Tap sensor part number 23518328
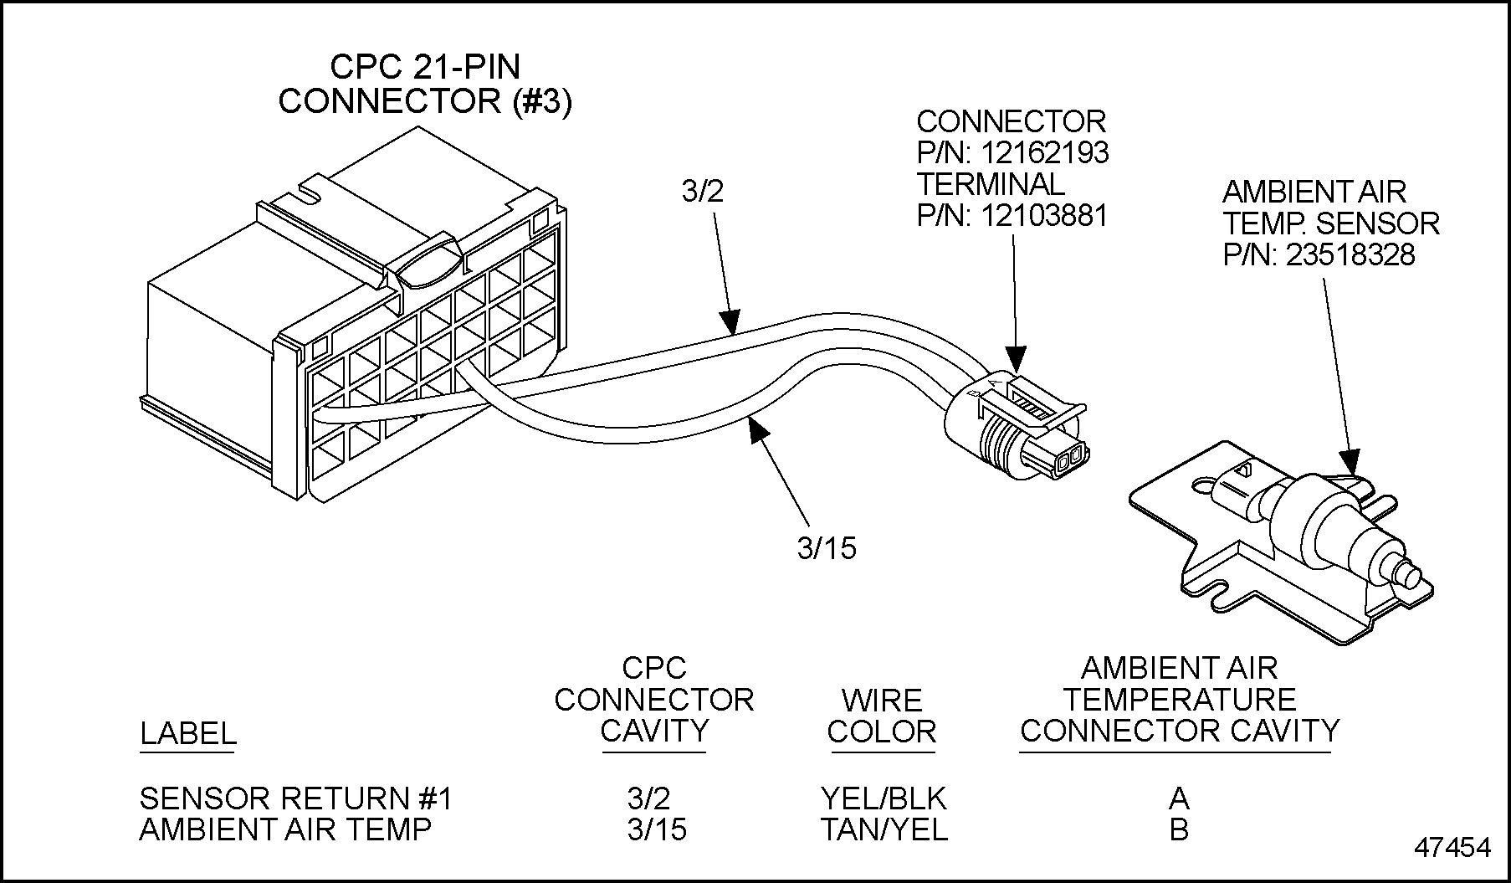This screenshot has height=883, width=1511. [1350, 254]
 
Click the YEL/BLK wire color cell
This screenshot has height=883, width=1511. [884, 798]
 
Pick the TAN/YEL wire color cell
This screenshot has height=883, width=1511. [884, 829]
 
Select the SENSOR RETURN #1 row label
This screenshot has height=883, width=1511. [295, 798]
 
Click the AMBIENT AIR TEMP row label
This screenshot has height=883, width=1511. [285, 829]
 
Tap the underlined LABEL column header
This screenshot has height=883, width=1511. [187, 733]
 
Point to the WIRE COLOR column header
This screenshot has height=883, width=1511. [881, 716]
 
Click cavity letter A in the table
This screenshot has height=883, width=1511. [1179, 798]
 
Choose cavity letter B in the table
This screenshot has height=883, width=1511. [1179, 829]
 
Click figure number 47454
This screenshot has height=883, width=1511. [1452, 847]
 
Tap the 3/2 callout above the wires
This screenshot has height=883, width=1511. [703, 192]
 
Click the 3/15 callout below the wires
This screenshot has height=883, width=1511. [827, 548]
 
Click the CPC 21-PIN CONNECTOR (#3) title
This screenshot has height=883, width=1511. [425, 84]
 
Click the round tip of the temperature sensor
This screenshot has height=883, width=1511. [1414, 577]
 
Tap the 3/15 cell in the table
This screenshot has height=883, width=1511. [657, 829]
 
